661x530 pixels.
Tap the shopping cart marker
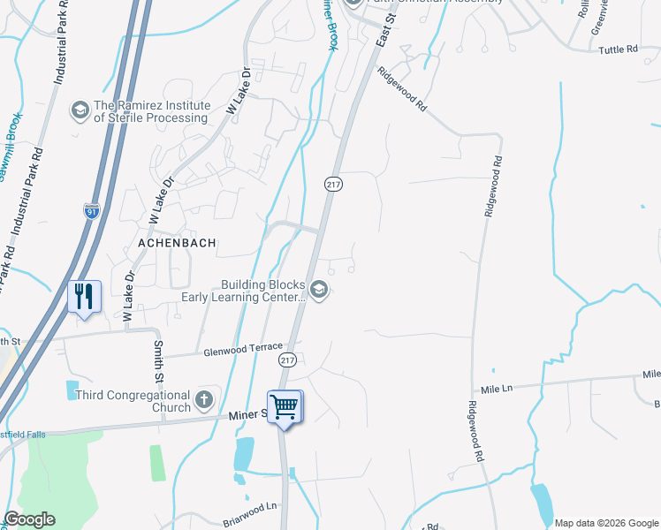point(285,407)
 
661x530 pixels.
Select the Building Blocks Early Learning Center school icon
point(319,290)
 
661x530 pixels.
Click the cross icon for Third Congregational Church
point(204,400)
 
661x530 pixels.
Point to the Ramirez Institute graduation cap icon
point(80,110)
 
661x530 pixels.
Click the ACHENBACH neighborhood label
point(178,242)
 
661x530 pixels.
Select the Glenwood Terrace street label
point(243,349)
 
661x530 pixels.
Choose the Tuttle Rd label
point(630,49)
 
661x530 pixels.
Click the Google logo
point(29,519)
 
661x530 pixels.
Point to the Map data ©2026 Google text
point(605,523)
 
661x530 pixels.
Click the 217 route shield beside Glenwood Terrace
point(288,360)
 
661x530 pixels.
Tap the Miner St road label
point(247,414)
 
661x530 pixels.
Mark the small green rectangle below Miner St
point(156,463)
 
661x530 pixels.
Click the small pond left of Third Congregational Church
point(71,390)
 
